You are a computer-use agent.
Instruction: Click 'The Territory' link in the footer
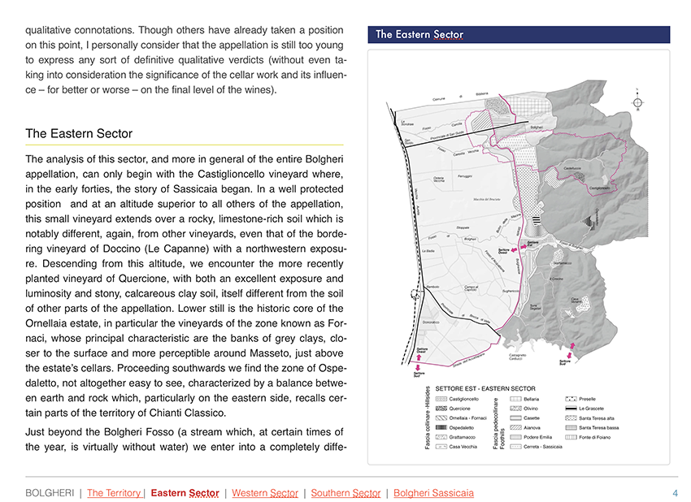coord(115,493)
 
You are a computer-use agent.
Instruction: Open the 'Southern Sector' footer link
coord(345,493)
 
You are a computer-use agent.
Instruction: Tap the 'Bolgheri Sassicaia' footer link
coord(433,493)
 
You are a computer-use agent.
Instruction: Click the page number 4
coord(675,493)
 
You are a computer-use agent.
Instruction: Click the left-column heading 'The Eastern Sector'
coord(79,133)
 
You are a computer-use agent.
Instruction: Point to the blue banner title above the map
coord(419,35)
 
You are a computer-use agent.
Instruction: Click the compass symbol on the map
coord(638,102)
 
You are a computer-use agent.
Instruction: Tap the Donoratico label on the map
coord(433,322)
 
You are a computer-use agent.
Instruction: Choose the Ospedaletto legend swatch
coord(441,427)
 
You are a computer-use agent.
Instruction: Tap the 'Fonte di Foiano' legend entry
coord(598,437)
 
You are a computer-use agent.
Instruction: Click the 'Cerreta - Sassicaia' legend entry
coord(543,447)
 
